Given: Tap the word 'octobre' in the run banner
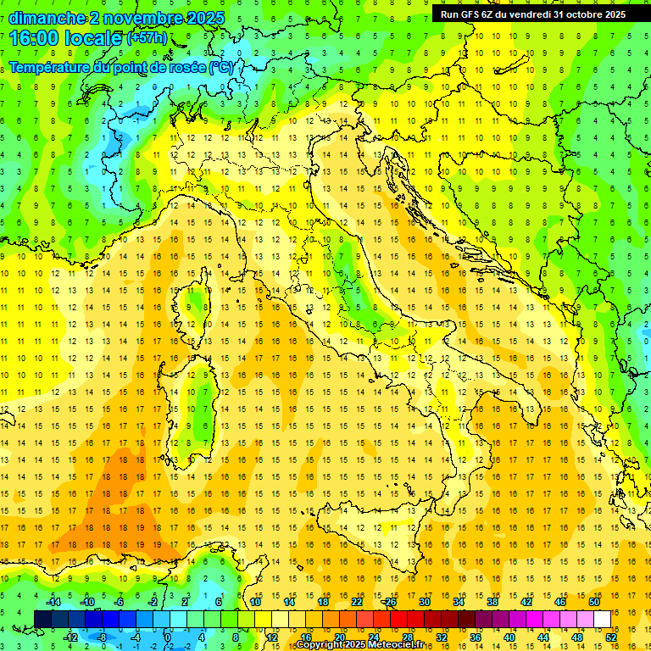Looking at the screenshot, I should (584, 14).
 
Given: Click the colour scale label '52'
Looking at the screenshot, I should (610, 637).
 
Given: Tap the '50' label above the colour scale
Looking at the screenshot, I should (594, 602).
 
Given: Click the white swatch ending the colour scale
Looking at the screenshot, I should (603, 619).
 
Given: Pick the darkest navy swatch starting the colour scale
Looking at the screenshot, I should (42, 619).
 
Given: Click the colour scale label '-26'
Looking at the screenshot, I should (390, 602).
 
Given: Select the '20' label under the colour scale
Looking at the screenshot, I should (339, 637).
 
